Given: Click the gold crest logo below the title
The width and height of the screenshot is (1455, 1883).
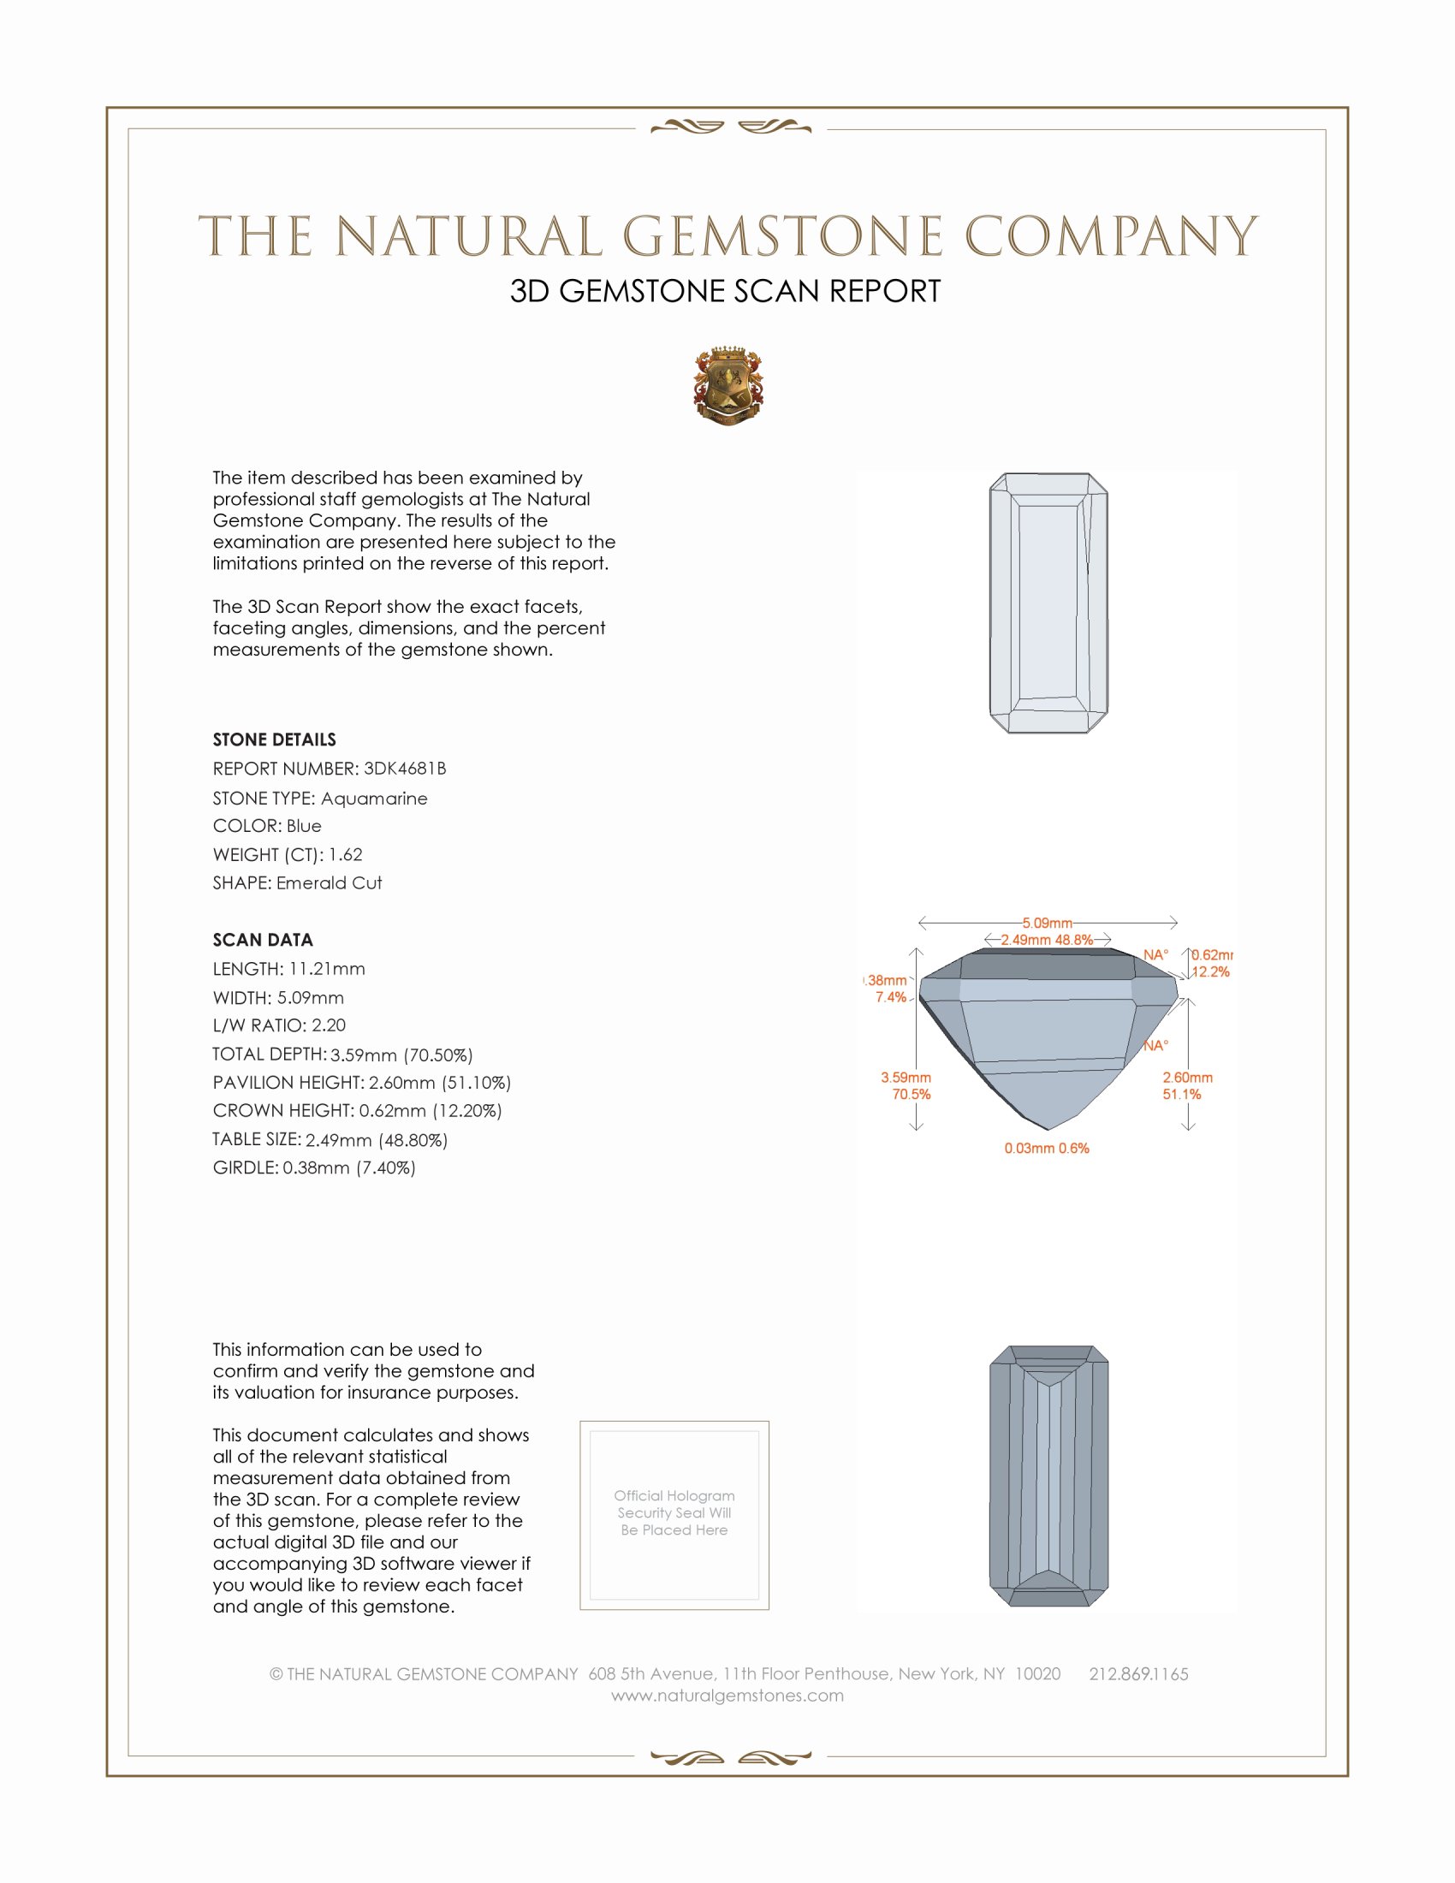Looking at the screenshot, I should [x=727, y=385].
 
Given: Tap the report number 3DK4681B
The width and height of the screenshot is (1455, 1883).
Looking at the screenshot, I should [x=404, y=769].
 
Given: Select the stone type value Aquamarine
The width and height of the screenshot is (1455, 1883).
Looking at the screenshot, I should [x=373, y=799].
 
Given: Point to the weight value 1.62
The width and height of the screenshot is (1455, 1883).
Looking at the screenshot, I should [x=345, y=854].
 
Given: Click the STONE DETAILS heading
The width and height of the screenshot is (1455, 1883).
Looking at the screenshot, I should [x=274, y=740].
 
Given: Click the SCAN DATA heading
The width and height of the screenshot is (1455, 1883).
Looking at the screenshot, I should [x=262, y=940].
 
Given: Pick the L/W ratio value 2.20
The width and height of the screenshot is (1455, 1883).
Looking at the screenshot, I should [x=329, y=1025].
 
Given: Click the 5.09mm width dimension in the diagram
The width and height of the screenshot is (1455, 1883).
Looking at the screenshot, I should [x=1048, y=923].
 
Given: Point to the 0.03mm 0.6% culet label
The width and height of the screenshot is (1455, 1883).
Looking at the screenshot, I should [x=1047, y=1149].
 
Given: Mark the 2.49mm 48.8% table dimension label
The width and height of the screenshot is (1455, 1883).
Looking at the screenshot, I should [x=1047, y=940].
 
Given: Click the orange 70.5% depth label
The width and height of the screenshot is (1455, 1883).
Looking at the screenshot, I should [x=912, y=1094].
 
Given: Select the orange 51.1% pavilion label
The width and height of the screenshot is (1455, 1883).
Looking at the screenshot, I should [x=1181, y=1094].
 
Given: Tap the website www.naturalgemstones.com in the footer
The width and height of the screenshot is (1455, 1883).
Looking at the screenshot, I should [x=727, y=1696].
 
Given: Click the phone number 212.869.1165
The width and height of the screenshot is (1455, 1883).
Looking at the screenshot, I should [x=1137, y=1674].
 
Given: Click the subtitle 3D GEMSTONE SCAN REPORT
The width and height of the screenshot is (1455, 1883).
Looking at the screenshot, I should [x=725, y=291].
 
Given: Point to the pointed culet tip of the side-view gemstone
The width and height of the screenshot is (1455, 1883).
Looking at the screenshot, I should [x=1048, y=1129].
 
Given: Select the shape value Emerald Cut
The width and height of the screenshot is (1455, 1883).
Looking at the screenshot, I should [x=329, y=883].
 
